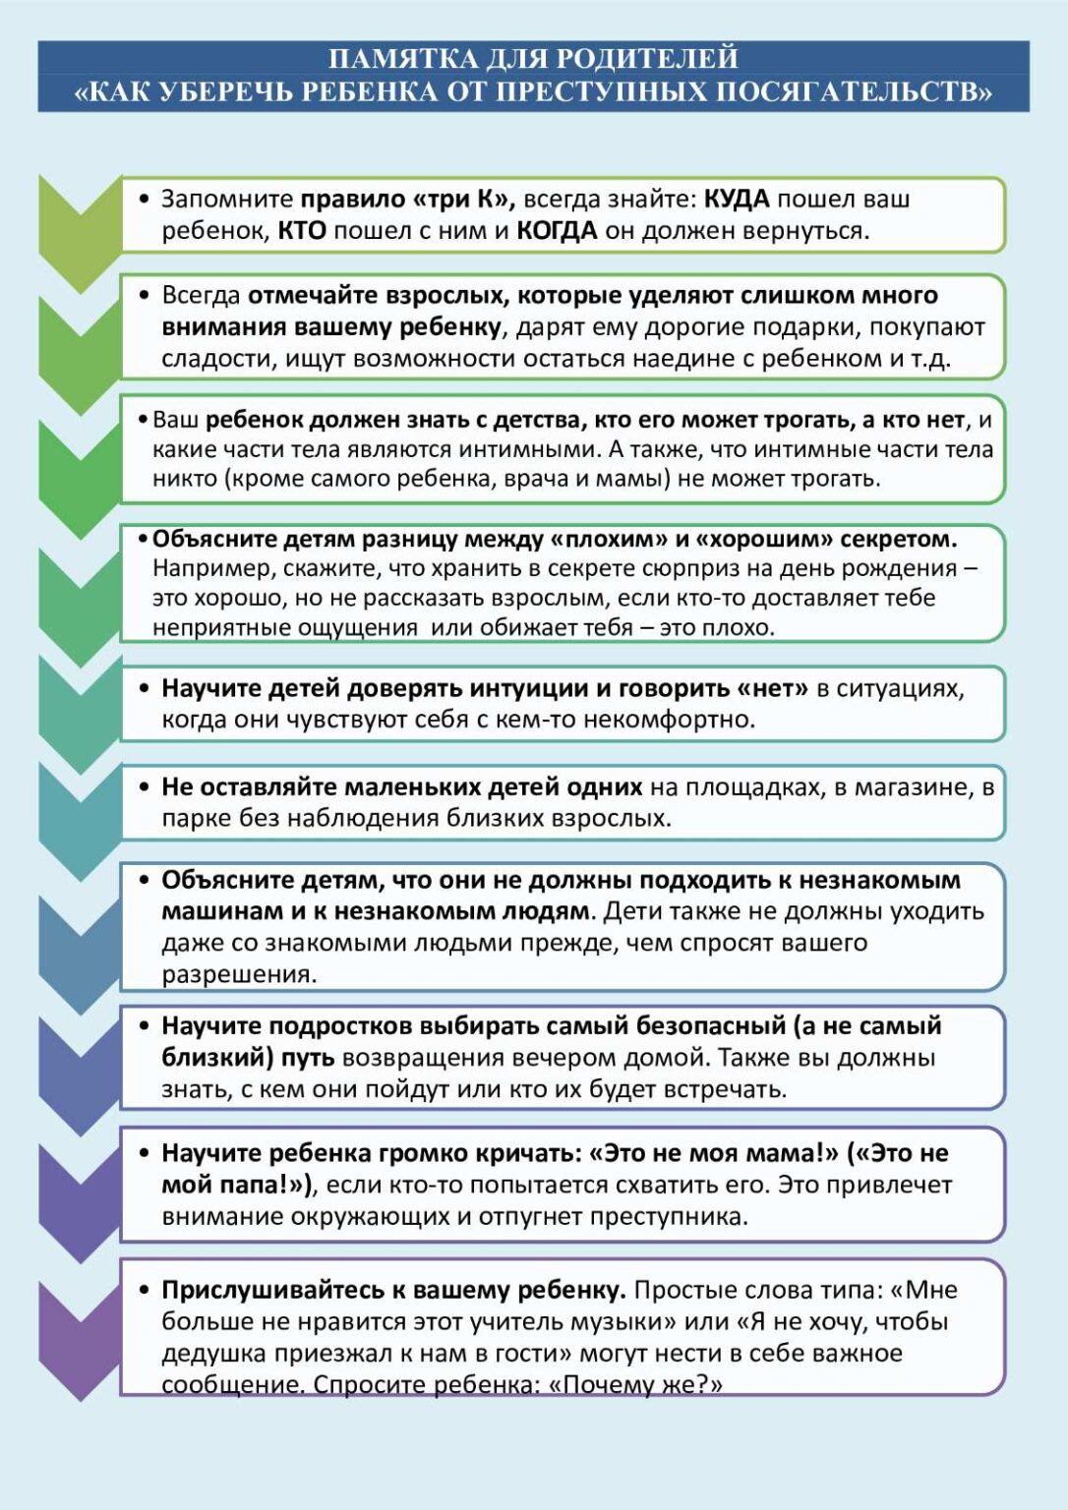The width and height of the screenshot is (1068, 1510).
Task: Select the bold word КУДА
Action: pos(737,200)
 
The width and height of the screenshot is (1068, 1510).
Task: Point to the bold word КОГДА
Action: pos(557,231)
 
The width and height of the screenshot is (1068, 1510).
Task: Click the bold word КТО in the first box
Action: pos(302,231)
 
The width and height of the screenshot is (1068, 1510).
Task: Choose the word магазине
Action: pos(907,787)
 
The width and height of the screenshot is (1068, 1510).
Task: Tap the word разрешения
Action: pos(239,974)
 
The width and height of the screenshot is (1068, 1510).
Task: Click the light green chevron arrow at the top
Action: pos(79,231)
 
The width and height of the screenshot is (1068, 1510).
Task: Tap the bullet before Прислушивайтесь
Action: pos(144,1290)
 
